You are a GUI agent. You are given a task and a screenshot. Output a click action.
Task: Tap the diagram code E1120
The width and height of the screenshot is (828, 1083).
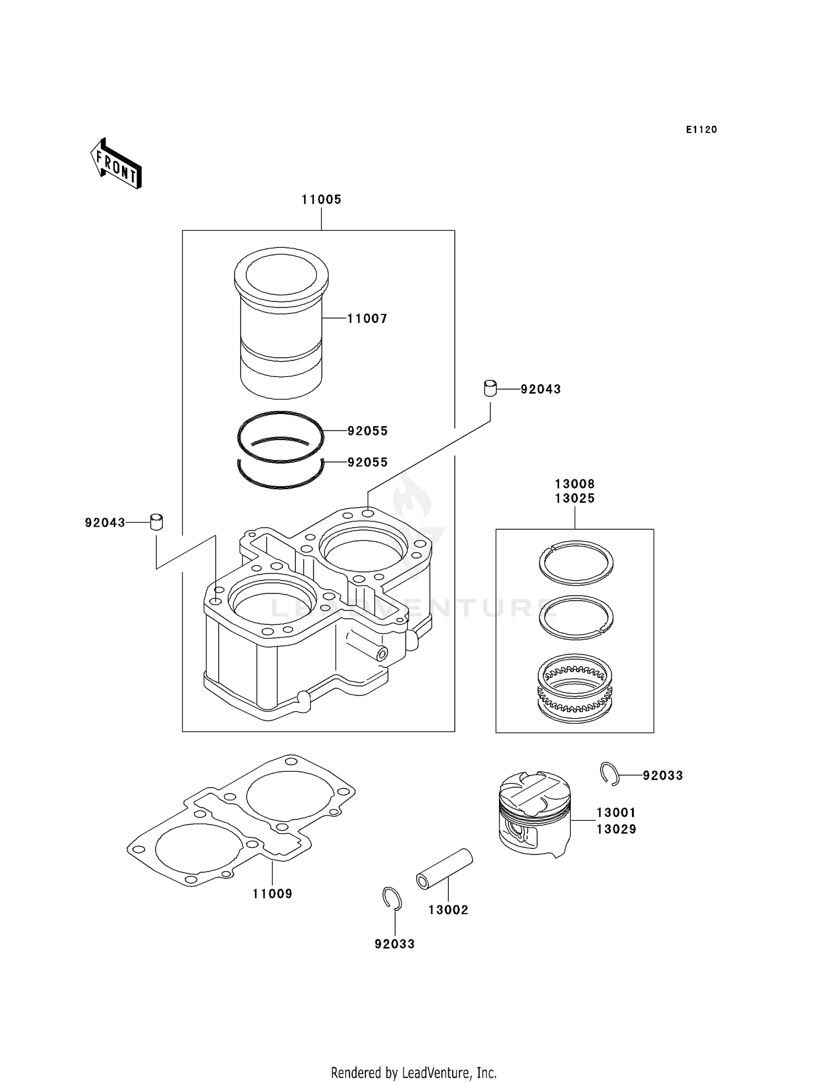click(x=701, y=130)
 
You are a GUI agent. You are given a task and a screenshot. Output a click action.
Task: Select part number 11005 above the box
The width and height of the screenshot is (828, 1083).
click(x=321, y=200)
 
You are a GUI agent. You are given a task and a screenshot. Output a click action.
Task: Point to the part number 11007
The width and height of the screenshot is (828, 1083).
click(x=367, y=318)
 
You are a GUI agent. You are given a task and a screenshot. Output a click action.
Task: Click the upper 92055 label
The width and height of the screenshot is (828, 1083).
click(x=368, y=431)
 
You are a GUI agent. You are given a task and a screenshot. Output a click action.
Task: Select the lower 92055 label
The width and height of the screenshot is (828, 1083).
click(x=368, y=463)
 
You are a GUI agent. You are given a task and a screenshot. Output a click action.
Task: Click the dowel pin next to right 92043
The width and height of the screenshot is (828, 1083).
click(x=490, y=389)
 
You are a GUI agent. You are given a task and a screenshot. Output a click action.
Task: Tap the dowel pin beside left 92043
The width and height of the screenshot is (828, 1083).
click(x=157, y=522)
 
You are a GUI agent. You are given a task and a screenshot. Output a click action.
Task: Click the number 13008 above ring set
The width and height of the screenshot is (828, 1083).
click(x=575, y=484)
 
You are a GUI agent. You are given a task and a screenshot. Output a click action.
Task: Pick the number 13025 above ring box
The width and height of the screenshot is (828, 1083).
click(x=575, y=498)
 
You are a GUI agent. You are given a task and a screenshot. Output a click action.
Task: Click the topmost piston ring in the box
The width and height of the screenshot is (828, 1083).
click(x=576, y=562)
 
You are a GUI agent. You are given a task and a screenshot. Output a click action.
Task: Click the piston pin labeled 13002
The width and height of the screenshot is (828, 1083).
click(x=444, y=869)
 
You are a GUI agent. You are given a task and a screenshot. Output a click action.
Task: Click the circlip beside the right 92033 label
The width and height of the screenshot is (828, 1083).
click(x=609, y=773)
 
